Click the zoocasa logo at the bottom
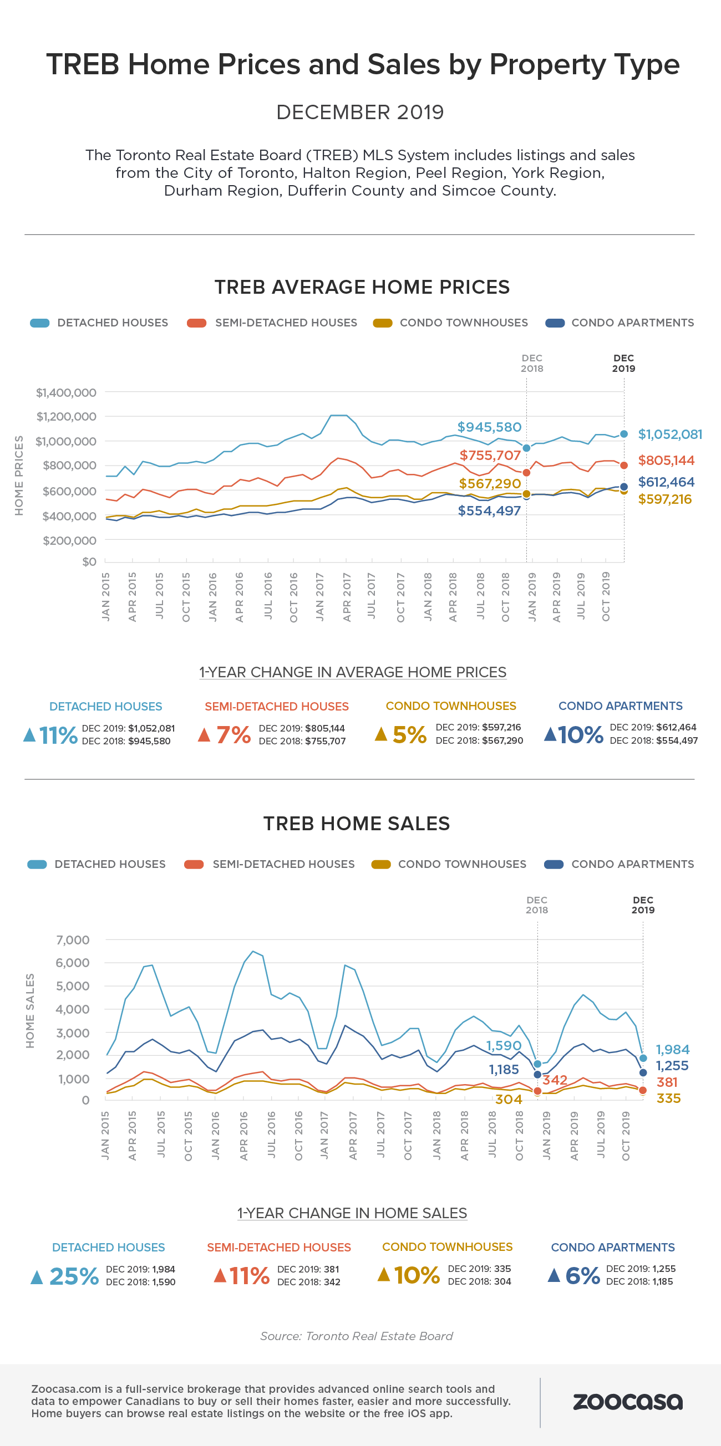point(627,1401)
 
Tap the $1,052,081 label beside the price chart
point(670,435)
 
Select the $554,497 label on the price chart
point(489,511)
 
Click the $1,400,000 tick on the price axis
point(65,392)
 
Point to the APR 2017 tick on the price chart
point(347,597)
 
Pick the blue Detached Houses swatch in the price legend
point(40,323)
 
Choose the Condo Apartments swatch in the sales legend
point(554,864)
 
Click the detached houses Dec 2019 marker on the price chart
point(624,434)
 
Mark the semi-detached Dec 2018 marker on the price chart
point(526,473)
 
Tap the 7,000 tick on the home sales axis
point(73,939)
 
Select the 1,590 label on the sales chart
point(504,1045)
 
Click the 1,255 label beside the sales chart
point(672,1065)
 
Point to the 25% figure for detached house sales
point(74,1276)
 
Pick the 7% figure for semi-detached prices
point(233,735)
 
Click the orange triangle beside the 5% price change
point(380,734)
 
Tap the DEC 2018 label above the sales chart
point(537,905)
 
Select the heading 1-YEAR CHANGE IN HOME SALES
point(352,1213)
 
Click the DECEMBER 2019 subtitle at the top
point(360,113)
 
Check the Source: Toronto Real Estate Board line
point(357,1336)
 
